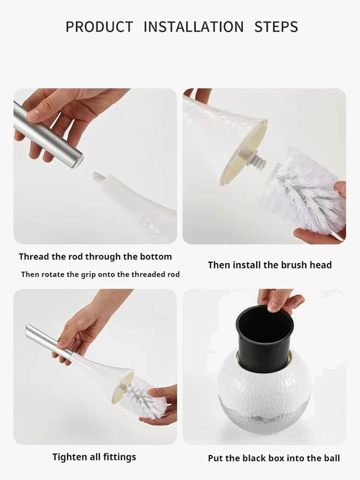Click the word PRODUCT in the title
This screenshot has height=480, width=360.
[99, 27]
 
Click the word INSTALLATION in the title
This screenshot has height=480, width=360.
[193, 27]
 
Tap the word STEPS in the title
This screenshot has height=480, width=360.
[276, 27]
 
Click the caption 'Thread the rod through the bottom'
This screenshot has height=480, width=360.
[95, 257]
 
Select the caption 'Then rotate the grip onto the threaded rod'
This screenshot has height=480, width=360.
[100, 275]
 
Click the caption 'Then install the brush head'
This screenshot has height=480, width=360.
[269, 265]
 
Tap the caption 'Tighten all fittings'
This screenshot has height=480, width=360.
[94, 457]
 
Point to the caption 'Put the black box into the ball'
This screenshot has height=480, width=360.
[274, 458]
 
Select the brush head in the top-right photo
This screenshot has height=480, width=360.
[302, 192]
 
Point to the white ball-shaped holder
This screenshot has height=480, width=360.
[264, 384]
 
